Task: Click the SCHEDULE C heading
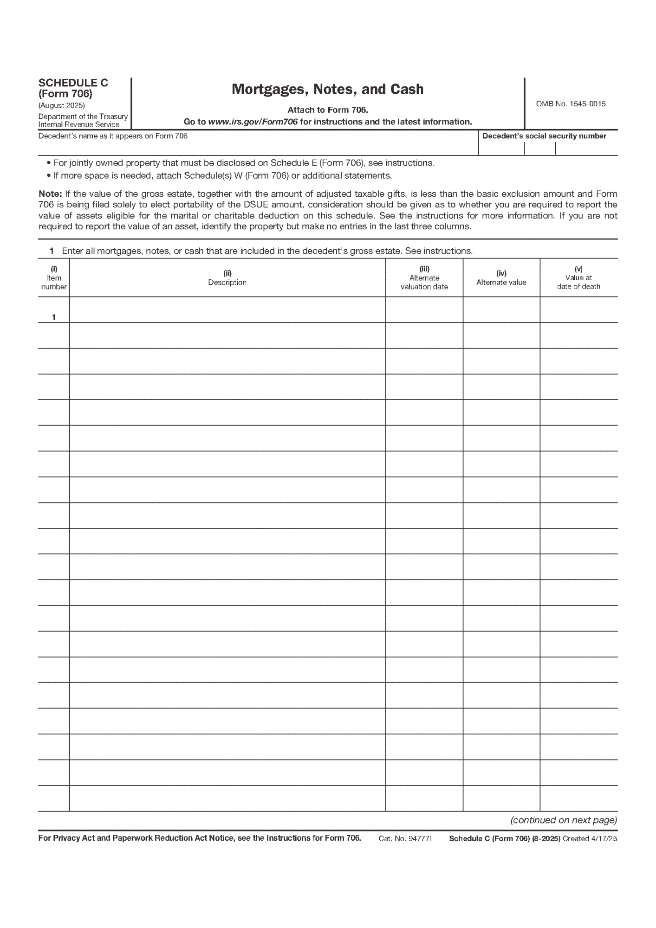click(73, 83)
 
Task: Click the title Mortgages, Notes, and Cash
click(327, 89)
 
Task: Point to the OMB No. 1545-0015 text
click(571, 104)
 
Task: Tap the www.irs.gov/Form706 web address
click(253, 122)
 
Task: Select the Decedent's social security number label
click(544, 136)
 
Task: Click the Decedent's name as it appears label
click(113, 136)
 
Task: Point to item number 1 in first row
click(54, 317)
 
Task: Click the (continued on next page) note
click(564, 820)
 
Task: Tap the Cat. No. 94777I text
click(405, 838)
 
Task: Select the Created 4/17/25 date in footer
click(590, 838)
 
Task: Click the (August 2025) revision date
click(62, 105)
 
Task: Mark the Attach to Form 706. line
click(327, 110)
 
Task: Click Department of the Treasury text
click(83, 116)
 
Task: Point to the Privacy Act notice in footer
click(199, 838)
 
